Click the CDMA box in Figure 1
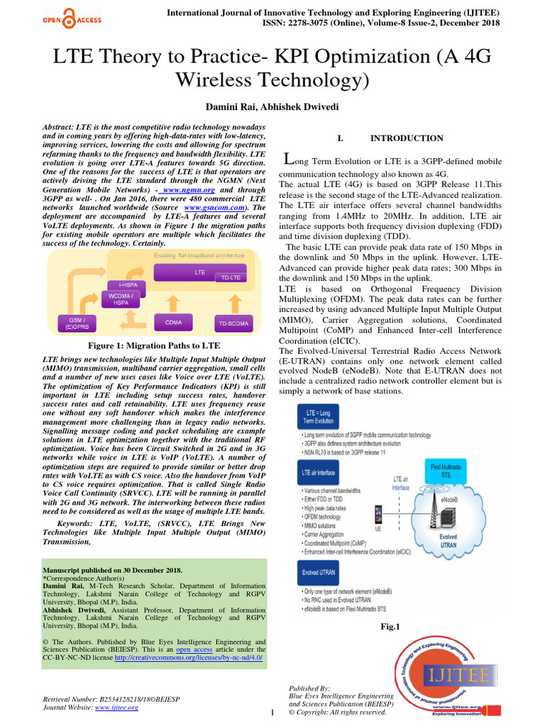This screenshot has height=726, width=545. click(173, 322)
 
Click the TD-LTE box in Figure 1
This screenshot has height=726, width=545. click(228, 277)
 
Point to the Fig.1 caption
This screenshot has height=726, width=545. click(390, 626)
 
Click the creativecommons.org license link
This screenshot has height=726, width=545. click(188, 657)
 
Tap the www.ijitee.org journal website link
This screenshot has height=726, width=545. click(116, 707)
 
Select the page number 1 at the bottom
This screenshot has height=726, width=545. click(272, 713)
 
